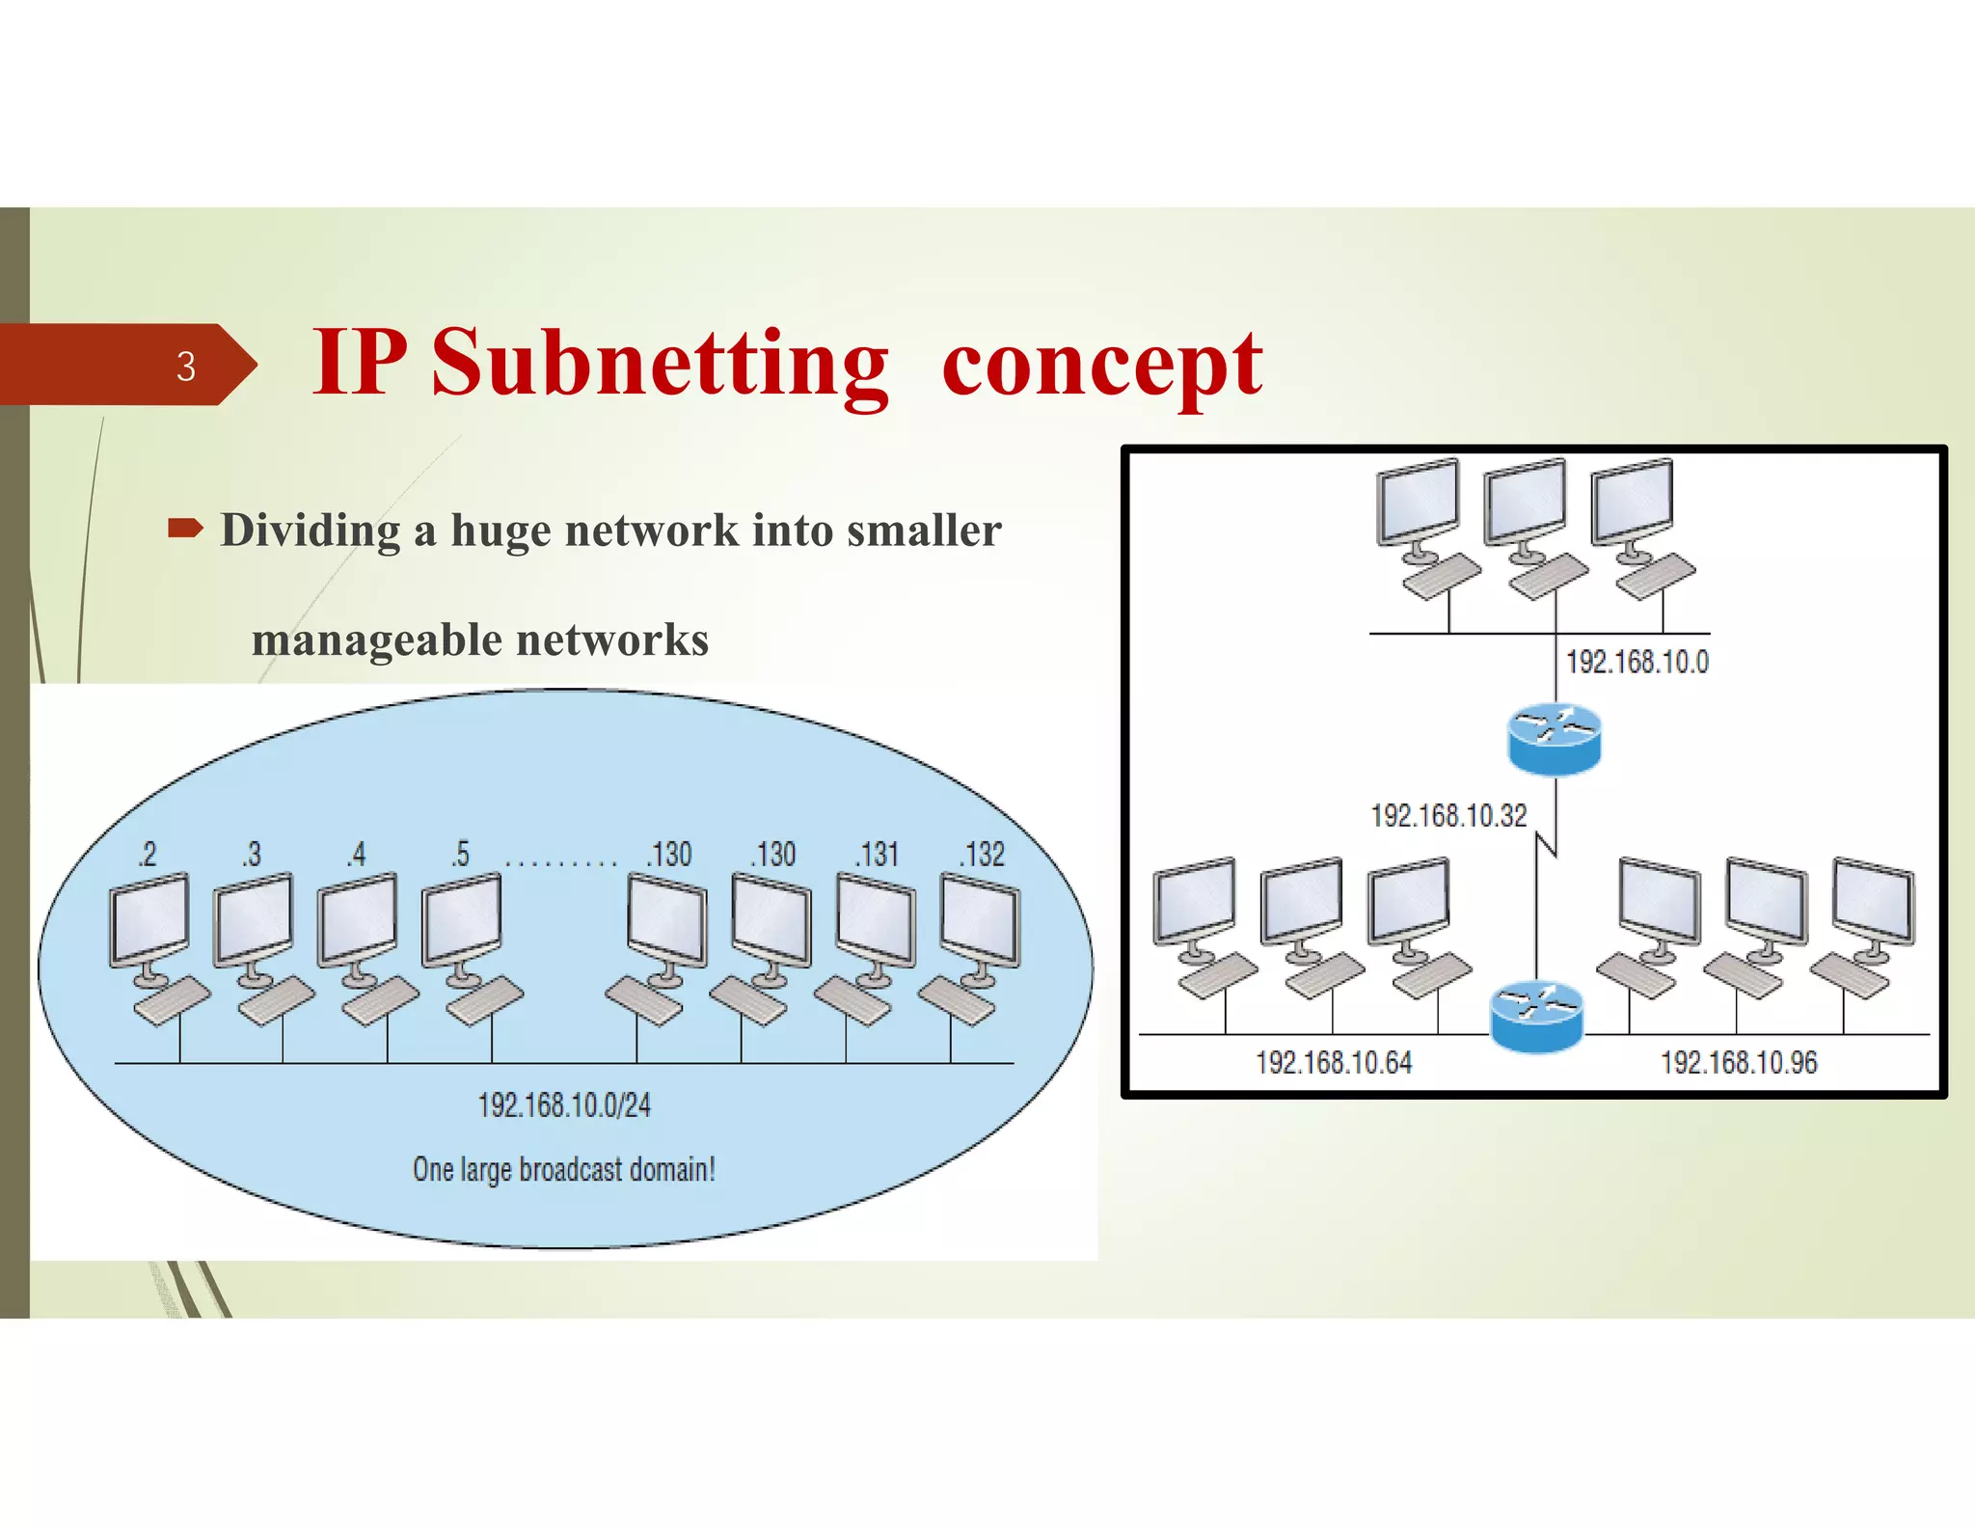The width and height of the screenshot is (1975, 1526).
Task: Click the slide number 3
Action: coord(186,367)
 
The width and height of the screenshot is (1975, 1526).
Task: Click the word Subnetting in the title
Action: coord(659,364)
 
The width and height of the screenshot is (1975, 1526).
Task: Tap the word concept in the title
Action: coord(1101,366)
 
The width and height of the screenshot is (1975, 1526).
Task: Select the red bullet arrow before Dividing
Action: coord(185,528)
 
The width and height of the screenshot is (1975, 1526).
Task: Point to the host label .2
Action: coord(147,855)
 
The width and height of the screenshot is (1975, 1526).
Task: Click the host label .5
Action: coord(461,855)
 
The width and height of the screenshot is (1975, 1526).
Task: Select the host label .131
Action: coord(878,855)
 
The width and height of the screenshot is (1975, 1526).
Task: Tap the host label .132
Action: coord(983,855)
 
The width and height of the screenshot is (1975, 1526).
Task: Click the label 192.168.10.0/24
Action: coord(564,1105)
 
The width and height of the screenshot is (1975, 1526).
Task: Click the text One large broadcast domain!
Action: coord(564,1169)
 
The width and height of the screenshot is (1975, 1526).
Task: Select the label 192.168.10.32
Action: coord(1448,816)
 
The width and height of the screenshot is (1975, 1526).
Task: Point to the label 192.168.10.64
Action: coord(1334,1063)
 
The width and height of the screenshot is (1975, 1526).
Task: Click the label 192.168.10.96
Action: coord(1739,1063)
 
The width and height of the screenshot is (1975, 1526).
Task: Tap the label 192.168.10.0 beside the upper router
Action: coord(1637,663)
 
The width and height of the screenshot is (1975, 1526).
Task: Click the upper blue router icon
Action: coord(1554,739)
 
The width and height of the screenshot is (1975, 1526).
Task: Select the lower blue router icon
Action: coord(1536,1017)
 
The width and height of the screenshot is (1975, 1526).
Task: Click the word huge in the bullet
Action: coord(499,531)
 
